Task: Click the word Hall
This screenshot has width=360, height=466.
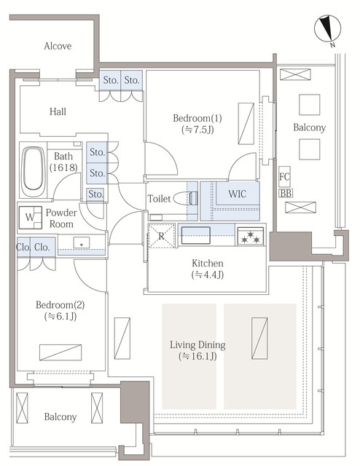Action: (59, 111)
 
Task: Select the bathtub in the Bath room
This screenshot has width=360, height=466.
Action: (33, 172)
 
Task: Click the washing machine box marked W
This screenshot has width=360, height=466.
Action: (31, 217)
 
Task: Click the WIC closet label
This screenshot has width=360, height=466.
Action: (237, 194)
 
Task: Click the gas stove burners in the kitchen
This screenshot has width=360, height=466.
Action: (251, 235)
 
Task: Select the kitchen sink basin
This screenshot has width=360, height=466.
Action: (195, 236)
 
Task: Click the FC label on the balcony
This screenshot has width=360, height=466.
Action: (285, 177)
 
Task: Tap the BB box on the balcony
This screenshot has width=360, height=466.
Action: (286, 192)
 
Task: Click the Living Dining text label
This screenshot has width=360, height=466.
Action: (197, 344)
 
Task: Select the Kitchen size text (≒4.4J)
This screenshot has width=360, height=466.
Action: (208, 276)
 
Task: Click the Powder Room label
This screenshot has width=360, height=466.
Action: (60, 218)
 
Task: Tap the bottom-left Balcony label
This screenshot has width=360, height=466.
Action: (60, 416)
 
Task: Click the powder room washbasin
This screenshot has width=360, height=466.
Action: (82, 242)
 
